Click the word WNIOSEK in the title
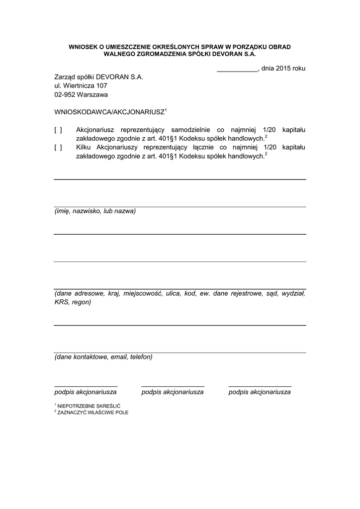click(x=82, y=47)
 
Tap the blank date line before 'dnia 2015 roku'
click(x=237, y=71)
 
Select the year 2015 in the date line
click(x=284, y=69)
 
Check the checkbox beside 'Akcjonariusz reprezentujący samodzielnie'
click(x=58, y=130)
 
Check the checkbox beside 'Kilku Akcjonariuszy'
click(x=58, y=148)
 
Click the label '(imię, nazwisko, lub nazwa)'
click(x=95, y=211)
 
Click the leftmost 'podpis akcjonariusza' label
click(x=86, y=392)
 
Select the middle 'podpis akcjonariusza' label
click(x=173, y=392)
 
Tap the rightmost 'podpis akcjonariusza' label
click(x=260, y=392)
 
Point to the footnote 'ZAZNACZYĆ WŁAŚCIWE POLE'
click(x=93, y=412)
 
